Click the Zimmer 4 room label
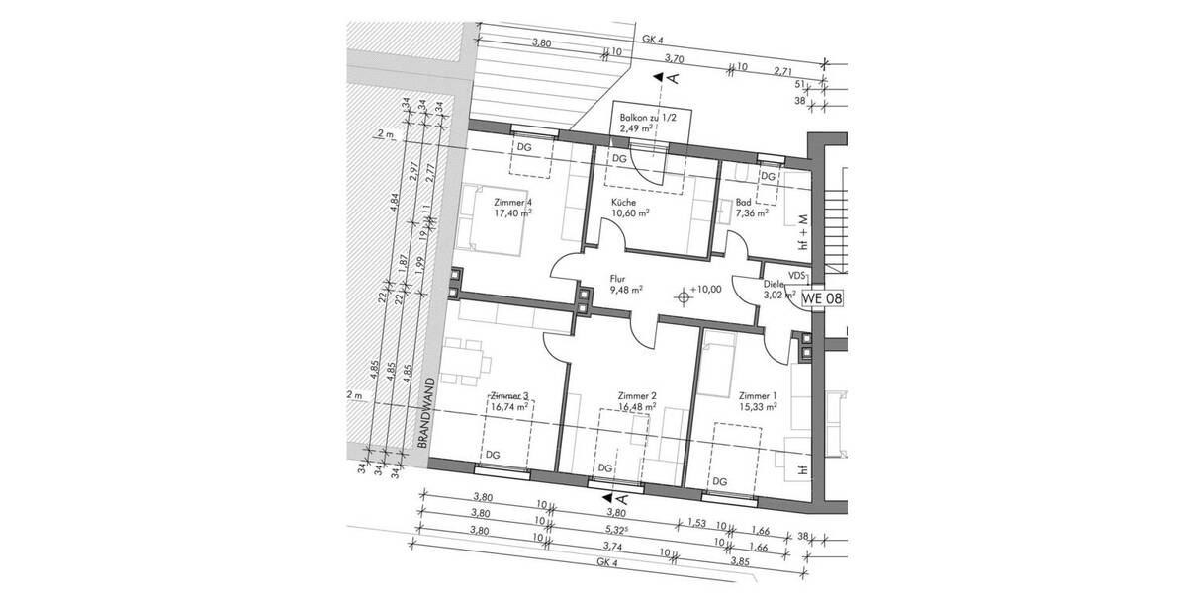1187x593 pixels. coord(512,207)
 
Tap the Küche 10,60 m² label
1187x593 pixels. coord(629,207)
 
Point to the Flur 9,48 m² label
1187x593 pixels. coord(625,284)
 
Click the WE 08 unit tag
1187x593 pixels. coord(823,297)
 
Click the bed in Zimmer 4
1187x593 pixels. coord(479,219)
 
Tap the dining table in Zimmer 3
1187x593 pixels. coord(465,360)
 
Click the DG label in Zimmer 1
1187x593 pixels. coord(720,481)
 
